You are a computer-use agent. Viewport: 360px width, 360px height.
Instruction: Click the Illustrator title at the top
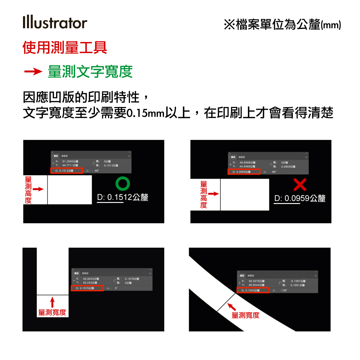pos(55,23)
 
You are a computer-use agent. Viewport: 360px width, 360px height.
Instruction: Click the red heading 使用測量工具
pos(65,47)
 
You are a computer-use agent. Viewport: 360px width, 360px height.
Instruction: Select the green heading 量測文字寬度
pos(90,72)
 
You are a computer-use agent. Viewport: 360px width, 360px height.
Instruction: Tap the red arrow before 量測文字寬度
pos(33,72)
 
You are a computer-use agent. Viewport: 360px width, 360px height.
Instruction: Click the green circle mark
pos(122,184)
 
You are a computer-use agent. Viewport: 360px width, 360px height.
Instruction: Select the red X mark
pos(300,185)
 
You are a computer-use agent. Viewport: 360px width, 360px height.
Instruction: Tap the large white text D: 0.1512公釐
pos(122,197)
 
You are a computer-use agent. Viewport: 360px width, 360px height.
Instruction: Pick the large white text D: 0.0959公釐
pos(300,198)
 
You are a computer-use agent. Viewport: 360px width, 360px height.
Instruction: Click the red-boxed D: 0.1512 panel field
pos(67,171)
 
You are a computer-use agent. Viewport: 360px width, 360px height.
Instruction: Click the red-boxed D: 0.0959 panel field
pos(244,172)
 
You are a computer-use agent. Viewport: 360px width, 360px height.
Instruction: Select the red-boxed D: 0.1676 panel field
pos(87,288)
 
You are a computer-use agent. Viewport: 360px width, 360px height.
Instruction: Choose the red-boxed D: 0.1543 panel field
pos(253,290)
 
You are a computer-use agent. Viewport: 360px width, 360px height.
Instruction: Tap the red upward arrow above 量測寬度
pos(52,302)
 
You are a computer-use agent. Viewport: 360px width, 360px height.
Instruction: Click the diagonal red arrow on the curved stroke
pos(232,307)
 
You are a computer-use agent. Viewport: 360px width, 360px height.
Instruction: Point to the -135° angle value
pos(284,290)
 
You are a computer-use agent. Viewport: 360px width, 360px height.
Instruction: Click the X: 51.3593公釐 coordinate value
pos(70,161)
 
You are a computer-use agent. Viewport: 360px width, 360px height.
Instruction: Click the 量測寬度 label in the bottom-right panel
pos(245,315)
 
